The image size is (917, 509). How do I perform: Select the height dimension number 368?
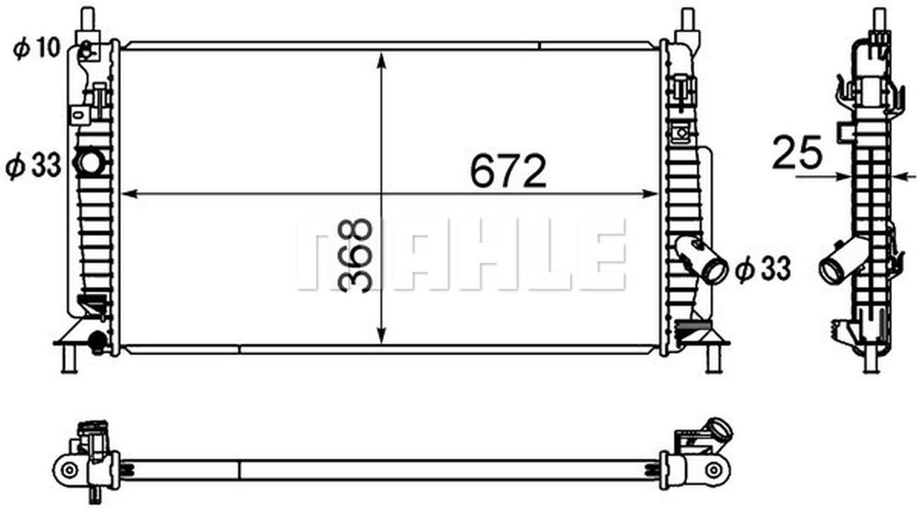click(355, 256)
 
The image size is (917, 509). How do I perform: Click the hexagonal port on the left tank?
click(90, 162)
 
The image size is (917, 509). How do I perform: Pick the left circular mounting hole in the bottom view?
click(69, 469)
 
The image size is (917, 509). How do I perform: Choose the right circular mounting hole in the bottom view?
click(713, 469)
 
